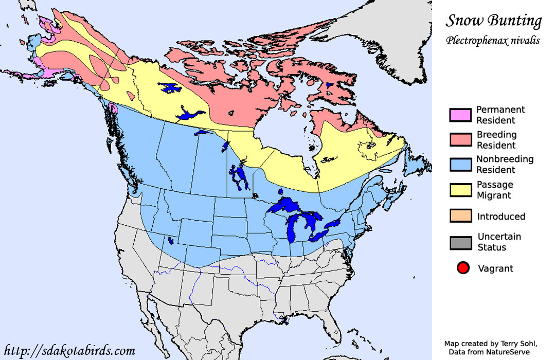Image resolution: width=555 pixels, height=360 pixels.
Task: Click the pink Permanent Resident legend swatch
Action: (x=460, y=116)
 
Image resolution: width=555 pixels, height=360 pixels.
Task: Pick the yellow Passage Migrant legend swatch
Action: (x=460, y=190)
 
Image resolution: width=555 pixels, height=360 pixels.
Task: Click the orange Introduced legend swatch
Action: (x=460, y=216)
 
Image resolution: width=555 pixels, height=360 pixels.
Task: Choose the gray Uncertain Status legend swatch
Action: (x=460, y=242)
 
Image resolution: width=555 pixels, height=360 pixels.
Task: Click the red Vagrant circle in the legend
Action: (x=463, y=268)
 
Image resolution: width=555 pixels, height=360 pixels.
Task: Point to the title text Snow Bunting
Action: (x=493, y=21)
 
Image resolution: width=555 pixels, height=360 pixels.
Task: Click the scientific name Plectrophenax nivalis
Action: (x=493, y=40)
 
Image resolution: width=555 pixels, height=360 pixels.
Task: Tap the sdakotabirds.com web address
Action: (x=69, y=351)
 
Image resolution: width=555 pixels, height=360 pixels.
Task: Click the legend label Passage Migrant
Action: (x=494, y=190)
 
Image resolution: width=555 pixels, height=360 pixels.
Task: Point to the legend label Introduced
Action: (x=501, y=217)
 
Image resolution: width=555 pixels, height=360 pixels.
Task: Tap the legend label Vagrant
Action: (x=495, y=268)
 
